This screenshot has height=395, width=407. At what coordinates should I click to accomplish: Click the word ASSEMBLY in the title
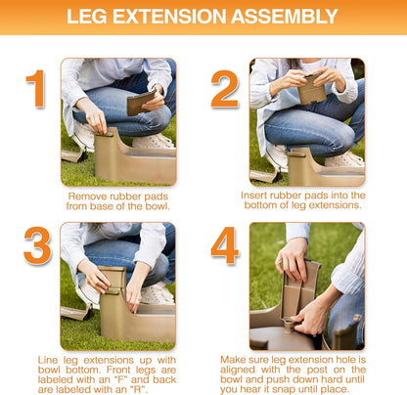coord(284,17)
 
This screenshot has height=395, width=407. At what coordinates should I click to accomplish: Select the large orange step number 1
coord(35,89)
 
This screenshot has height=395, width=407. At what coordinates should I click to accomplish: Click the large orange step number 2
coord(225,89)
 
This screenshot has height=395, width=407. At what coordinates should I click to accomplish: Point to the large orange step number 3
coord(37,245)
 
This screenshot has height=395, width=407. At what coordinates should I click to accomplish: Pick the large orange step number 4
coord(225,245)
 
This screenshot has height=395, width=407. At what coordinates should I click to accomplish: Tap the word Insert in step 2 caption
coord(254,196)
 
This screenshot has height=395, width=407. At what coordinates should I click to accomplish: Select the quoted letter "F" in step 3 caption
coord(123,379)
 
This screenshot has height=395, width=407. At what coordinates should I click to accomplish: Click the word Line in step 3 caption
coord(49,360)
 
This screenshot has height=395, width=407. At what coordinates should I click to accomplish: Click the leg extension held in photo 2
coord(311,90)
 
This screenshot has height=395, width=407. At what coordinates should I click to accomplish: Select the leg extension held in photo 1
coord(141,103)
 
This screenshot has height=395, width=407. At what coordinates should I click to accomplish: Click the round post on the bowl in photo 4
coord(289,325)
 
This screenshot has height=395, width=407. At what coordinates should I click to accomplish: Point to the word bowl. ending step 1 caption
coord(158,206)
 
